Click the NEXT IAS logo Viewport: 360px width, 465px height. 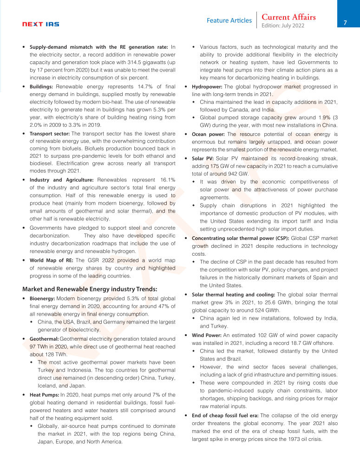coord(41,24)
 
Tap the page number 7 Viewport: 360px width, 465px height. coord(345,22)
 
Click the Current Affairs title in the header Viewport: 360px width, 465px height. coord(288,17)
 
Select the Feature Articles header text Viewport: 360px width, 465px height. coord(229,21)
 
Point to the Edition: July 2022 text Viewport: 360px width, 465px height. coord(283,26)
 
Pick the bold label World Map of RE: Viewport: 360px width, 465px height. coord(52,260)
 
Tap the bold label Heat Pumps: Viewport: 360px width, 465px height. coord(44,394)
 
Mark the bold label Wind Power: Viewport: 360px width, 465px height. coord(207,335)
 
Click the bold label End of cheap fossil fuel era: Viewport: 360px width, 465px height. coord(225,415)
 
